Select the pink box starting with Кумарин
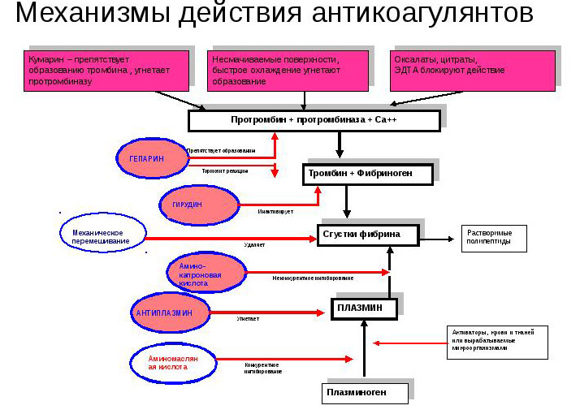click(x=107, y=70)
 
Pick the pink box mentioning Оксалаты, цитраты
click(x=474, y=70)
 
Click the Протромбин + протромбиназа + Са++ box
click(x=314, y=120)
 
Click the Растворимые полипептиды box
click(x=494, y=237)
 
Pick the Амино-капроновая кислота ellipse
click(x=206, y=274)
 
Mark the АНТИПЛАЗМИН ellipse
click(x=168, y=312)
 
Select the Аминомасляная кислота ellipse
click(x=173, y=362)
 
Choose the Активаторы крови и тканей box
click(x=499, y=342)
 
